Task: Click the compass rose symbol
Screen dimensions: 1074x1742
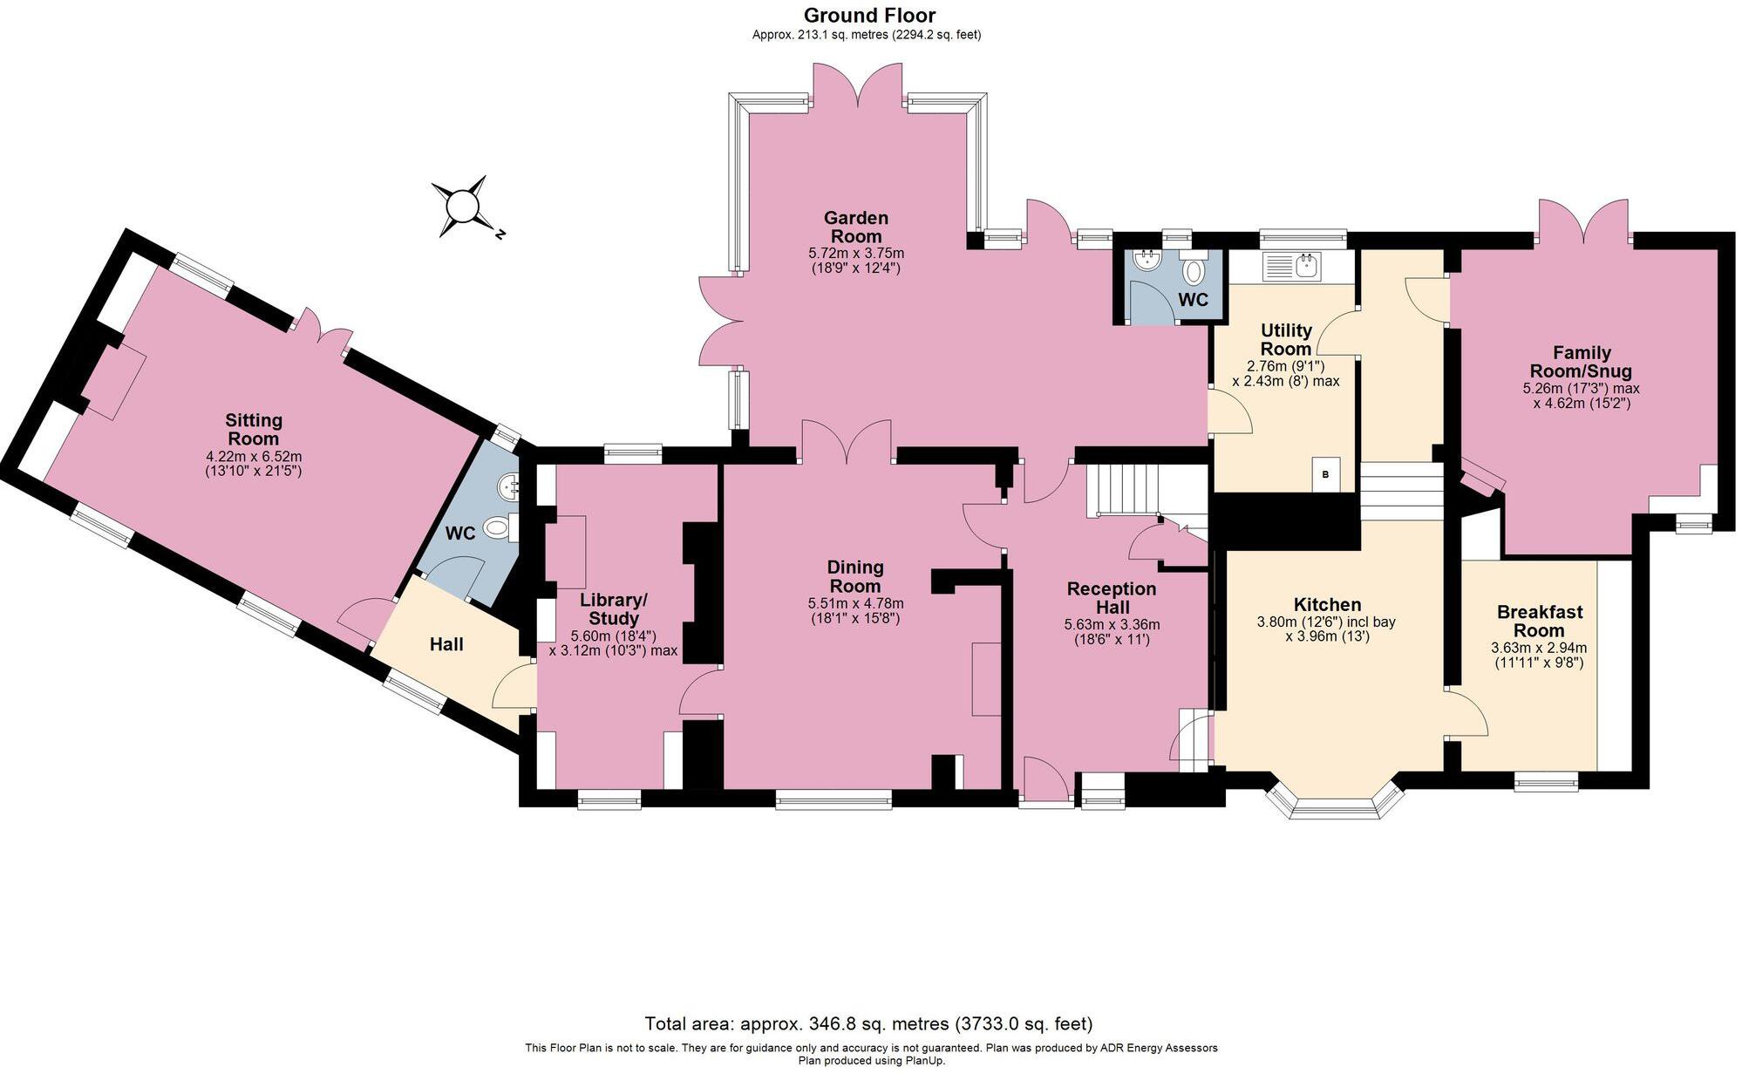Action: coord(462,207)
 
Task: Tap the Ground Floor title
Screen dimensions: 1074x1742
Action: coord(869,15)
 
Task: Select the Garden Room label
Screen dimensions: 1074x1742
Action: coord(856,227)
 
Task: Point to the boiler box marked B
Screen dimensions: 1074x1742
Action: coord(1326,475)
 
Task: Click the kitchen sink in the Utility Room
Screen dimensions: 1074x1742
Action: coord(1294,266)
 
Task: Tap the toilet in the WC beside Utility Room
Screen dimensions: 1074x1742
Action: coord(1194,272)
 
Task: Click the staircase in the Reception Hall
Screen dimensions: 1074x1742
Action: coord(1125,489)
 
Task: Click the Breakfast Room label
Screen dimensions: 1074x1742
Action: coord(1539,621)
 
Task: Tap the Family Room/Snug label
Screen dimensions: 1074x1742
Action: coord(1581,362)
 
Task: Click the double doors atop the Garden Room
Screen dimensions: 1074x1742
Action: coord(858,89)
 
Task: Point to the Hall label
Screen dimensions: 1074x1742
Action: coord(446,644)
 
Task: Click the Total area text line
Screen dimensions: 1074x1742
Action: coord(868,1023)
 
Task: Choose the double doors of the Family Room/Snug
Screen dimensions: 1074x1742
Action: coord(1582,223)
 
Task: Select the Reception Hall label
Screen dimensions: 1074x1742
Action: coord(1112,598)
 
